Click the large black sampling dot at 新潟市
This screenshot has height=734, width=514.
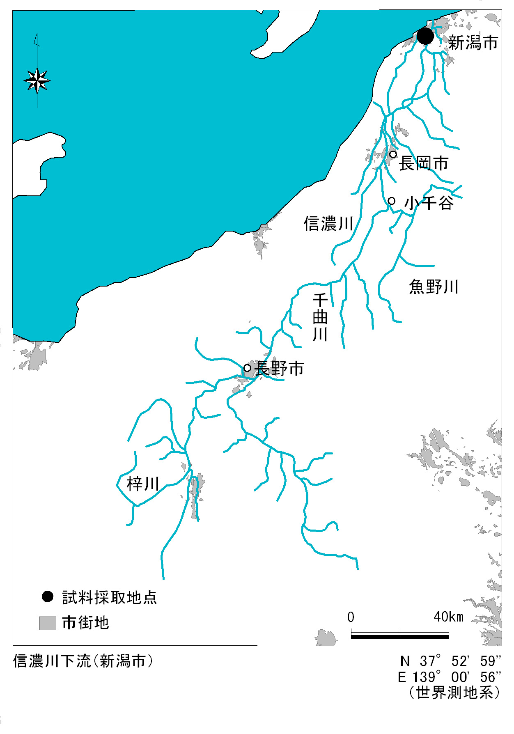point(425,36)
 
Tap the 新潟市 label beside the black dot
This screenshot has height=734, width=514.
point(473,43)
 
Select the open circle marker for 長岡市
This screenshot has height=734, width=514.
point(393,154)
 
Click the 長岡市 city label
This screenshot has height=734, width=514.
point(424,163)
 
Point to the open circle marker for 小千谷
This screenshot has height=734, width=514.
point(392,201)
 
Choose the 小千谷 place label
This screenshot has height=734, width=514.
point(429,203)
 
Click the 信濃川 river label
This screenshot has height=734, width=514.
point(328,224)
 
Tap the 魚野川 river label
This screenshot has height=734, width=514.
point(434,287)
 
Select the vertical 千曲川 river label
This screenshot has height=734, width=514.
point(320,317)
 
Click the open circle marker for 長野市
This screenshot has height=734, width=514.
point(247,368)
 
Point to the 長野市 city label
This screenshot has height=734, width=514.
point(280,369)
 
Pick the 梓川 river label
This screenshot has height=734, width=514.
point(143,484)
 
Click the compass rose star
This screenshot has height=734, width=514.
point(37,80)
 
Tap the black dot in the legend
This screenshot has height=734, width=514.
point(48,596)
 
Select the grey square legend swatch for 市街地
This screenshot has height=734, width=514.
point(48,623)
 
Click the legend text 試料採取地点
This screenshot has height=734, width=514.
point(110,598)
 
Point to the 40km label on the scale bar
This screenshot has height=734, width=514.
point(448,617)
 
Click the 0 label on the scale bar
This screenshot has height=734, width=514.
point(351,617)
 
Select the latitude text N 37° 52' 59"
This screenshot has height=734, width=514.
point(450,661)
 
